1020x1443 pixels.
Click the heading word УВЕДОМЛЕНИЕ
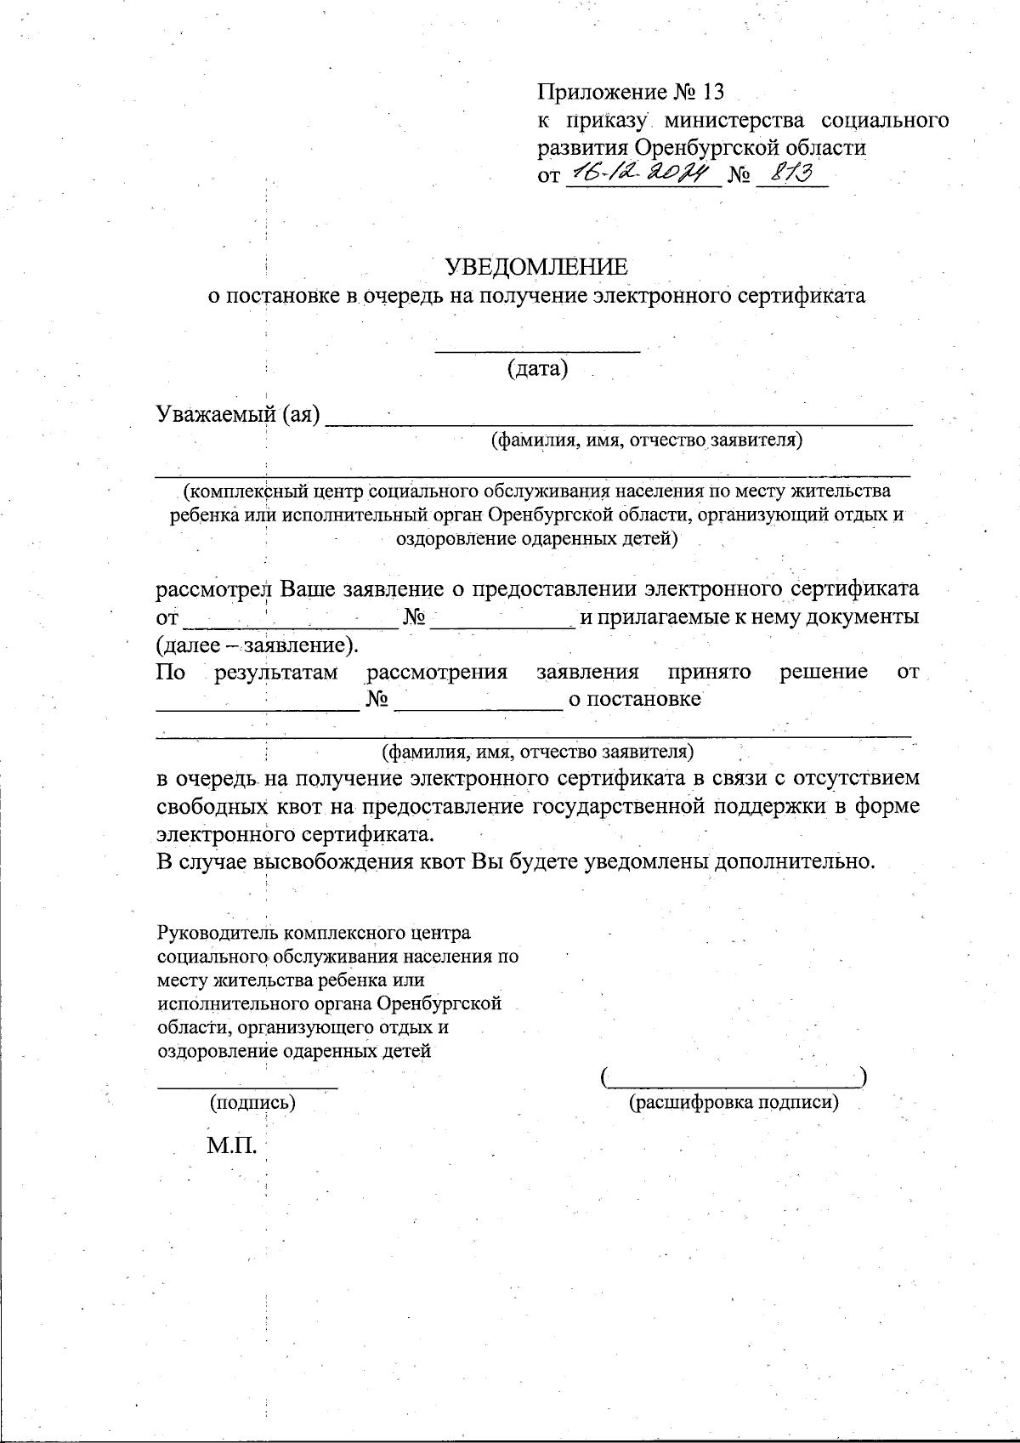click(x=537, y=267)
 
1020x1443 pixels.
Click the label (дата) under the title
click(x=537, y=369)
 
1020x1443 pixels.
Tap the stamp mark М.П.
click(x=231, y=1145)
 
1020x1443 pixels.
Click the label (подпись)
click(x=252, y=1103)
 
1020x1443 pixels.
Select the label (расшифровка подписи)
click(x=733, y=1103)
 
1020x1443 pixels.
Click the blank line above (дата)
click(x=537, y=348)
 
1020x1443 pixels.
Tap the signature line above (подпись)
click(x=247, y=1084)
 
